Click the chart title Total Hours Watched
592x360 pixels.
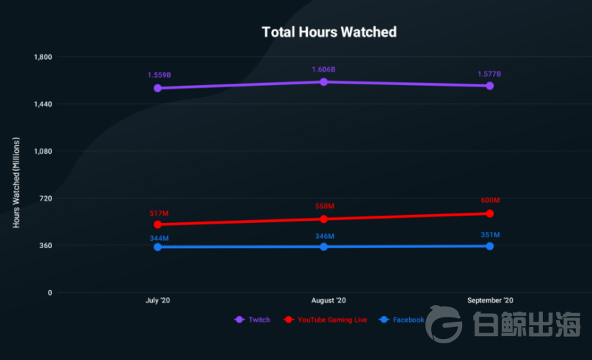(329, 32)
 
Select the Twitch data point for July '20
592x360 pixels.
(157, 88)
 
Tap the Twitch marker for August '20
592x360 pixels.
(324, 82)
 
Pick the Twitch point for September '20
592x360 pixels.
(490, 86)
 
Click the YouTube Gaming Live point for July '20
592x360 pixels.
(157, 224)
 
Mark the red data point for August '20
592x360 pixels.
(324, 219)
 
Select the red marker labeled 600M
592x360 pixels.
(490, 214)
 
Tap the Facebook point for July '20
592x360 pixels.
(157, 247)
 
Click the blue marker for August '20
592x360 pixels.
(324, 247)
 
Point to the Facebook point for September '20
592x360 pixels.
(490, 246)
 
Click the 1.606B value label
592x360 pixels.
(324, 69)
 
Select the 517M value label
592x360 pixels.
(159, 213)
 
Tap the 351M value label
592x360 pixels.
(490, 234)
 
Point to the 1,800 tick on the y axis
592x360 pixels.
(44, 57)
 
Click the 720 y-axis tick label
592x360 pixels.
(46, 198)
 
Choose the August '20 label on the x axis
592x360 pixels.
(328, 300)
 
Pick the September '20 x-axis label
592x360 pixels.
(490, 300)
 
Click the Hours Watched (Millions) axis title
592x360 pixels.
(16, 183)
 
